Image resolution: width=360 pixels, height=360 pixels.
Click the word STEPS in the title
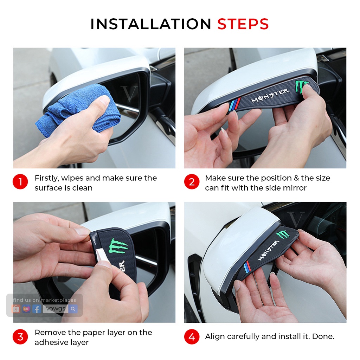coord(243,24)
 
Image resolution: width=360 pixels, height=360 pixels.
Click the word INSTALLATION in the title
coord(151,24)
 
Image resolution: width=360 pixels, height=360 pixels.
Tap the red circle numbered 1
coord(20,182)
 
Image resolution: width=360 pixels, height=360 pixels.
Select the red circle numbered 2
coord(192,182)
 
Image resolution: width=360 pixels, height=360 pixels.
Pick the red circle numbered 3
coord(20,337)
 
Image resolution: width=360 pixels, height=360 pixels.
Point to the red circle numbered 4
coord(192,337)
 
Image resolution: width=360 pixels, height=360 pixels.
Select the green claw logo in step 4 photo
coord(282,234)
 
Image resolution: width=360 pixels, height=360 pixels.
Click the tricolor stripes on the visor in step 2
coord(234,104)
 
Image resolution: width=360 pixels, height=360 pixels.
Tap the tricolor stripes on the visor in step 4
coord(248,266)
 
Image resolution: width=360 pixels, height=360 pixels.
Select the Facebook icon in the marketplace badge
coord(37,309)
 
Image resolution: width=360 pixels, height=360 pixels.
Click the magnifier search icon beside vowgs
coord(73,309)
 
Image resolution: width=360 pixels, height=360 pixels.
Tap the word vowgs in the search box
coord(56,309)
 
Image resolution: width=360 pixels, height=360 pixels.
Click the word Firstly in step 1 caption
coord(47,178)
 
